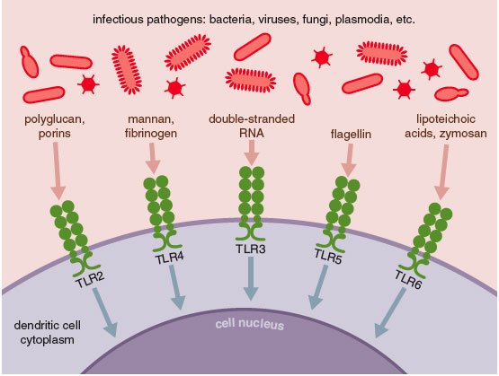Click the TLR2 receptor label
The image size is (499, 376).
[91, 280]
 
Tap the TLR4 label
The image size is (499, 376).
[170, 258]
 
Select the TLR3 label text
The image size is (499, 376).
[251, 249]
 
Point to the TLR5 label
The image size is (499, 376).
[328, 257]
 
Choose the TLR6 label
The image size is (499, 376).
[408, 279]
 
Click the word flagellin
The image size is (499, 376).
[351, 134]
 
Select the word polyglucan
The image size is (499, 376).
[55, 119]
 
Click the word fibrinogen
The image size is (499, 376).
[151, 134]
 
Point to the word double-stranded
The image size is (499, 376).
[252, 119]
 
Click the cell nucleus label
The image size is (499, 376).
[250, 324]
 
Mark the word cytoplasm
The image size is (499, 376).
[47, 340]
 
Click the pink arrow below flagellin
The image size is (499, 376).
[349, 161]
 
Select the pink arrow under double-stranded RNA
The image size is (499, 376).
[252, 153]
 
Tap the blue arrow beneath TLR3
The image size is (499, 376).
[251, 278]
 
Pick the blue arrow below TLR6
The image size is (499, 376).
[390, 313]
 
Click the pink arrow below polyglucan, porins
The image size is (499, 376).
[58, 171]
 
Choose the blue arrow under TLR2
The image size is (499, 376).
[105, 312]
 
